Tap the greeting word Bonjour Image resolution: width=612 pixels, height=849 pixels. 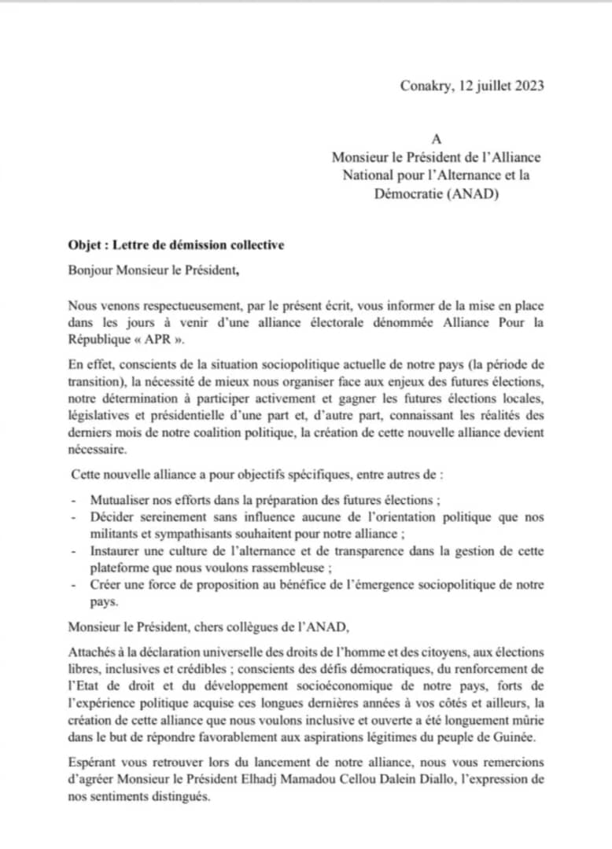90,271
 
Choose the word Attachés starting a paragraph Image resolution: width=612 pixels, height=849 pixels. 92,653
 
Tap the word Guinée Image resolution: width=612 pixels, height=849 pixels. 520,739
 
